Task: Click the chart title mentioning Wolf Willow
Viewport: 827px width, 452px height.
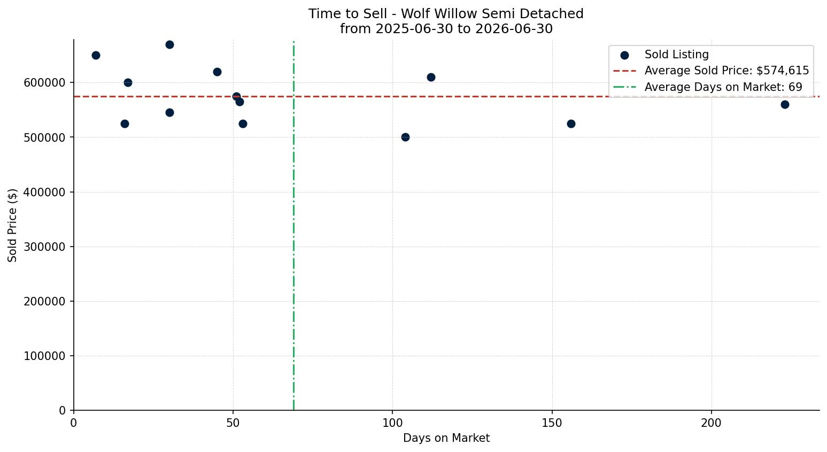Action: pyautogui.click(x=446, y=21)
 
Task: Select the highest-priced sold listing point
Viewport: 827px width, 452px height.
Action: pyautogui.click(x=169, y=45)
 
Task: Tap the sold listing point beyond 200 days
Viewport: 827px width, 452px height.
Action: pyautogui.click(x=785, y=104)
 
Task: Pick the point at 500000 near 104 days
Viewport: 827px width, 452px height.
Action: pyautogui.click(x=405, y=137)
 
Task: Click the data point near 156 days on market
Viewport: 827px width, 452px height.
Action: pyautogui.click(x=571, y=124)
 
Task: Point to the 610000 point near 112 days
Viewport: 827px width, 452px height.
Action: pyautogui.click(x=431, y=77)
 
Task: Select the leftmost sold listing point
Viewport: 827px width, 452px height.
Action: pyautogui.click(x=96, y=56)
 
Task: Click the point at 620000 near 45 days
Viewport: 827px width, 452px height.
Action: pyautogui.click(x=217, y=72)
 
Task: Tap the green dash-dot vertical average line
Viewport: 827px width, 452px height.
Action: pyautogui.click(x=293, y=226)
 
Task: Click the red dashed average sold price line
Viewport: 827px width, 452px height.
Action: pyautogui.click(x=446, y=96)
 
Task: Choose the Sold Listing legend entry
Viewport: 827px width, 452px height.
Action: pyautogui.click(x=664, y=55)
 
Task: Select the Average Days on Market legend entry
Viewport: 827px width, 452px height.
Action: pyautogui.click(x=708, y=87)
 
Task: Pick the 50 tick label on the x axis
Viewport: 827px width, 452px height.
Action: pyautogui.click(x=233, y=423)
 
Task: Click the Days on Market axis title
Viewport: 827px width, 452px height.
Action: pyautogui.click(x=446, y=438)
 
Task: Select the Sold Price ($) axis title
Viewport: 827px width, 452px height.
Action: pyautogui.click(x=12, y=226)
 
